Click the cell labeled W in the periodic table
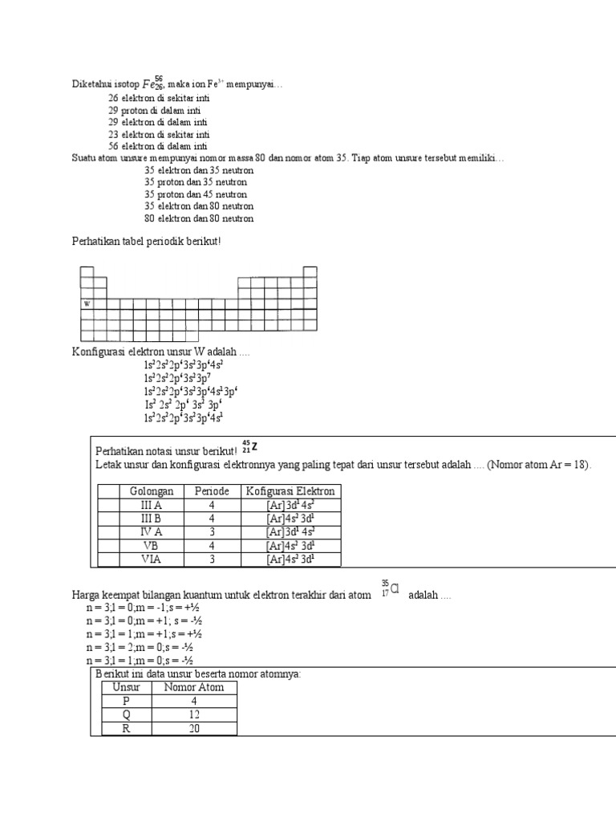[87, 303]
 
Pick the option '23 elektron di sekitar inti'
[159, 135]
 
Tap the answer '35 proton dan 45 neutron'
[196, 194]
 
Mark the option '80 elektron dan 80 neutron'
[199, 218]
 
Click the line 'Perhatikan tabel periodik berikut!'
[146, 242]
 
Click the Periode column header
[212, 491]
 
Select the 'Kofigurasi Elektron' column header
[290, 491]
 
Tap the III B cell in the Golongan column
[152, 519]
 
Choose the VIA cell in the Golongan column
[152, 560]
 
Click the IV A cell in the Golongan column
[152, 532]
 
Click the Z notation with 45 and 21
[250, 448]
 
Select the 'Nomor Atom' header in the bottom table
[194, 687]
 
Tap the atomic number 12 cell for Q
[194, 714]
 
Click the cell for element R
[126, 728]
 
